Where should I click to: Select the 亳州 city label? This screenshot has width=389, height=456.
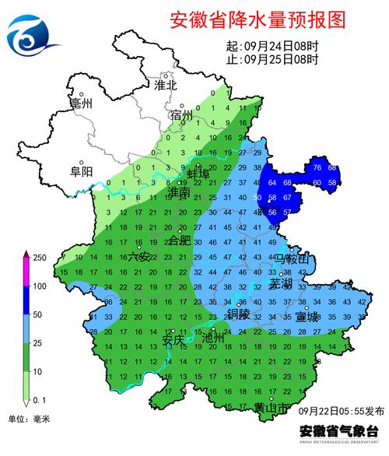81,103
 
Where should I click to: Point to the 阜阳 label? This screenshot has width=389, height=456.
82,171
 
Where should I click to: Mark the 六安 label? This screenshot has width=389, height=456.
140,255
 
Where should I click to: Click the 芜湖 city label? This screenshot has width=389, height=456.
279,284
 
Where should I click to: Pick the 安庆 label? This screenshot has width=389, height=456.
173,340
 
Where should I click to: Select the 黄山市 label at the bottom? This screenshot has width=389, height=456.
272,407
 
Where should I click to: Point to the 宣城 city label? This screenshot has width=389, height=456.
307,317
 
